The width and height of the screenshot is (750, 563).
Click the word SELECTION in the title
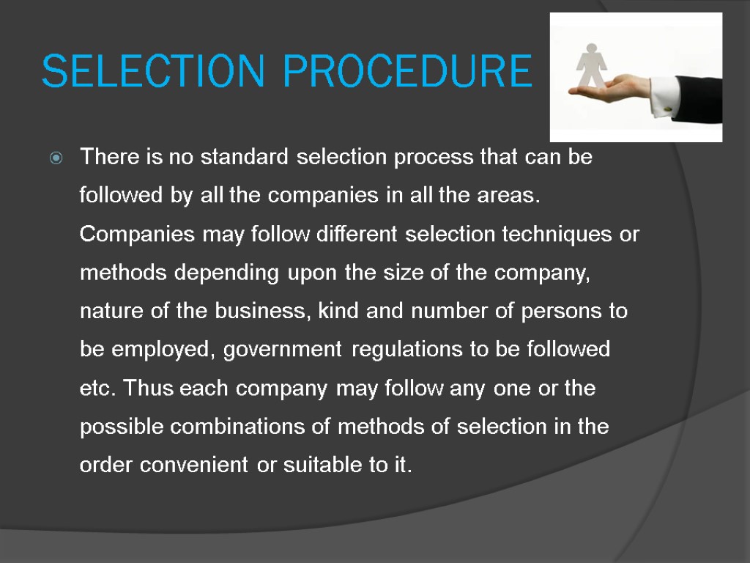pos(152,71)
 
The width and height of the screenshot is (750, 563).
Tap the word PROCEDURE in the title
pos(407,71)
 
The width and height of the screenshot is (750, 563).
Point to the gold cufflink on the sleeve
pos(669,109)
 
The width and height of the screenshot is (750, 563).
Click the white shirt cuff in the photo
pos(663,95)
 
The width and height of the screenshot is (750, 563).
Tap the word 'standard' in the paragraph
pos(245,158)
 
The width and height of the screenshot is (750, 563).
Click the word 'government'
pos(282,350)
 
